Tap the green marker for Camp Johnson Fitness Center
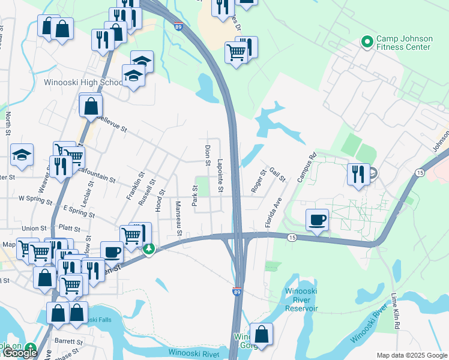(x=367, y=42)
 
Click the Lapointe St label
(x=220, y=175)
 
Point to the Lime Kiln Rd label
(x=396, y=311)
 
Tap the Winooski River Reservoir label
(x=301, y=299)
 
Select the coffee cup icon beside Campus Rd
(x=317, y=219)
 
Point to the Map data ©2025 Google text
(x=412, y=355)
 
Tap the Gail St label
(x=277, y=175)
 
